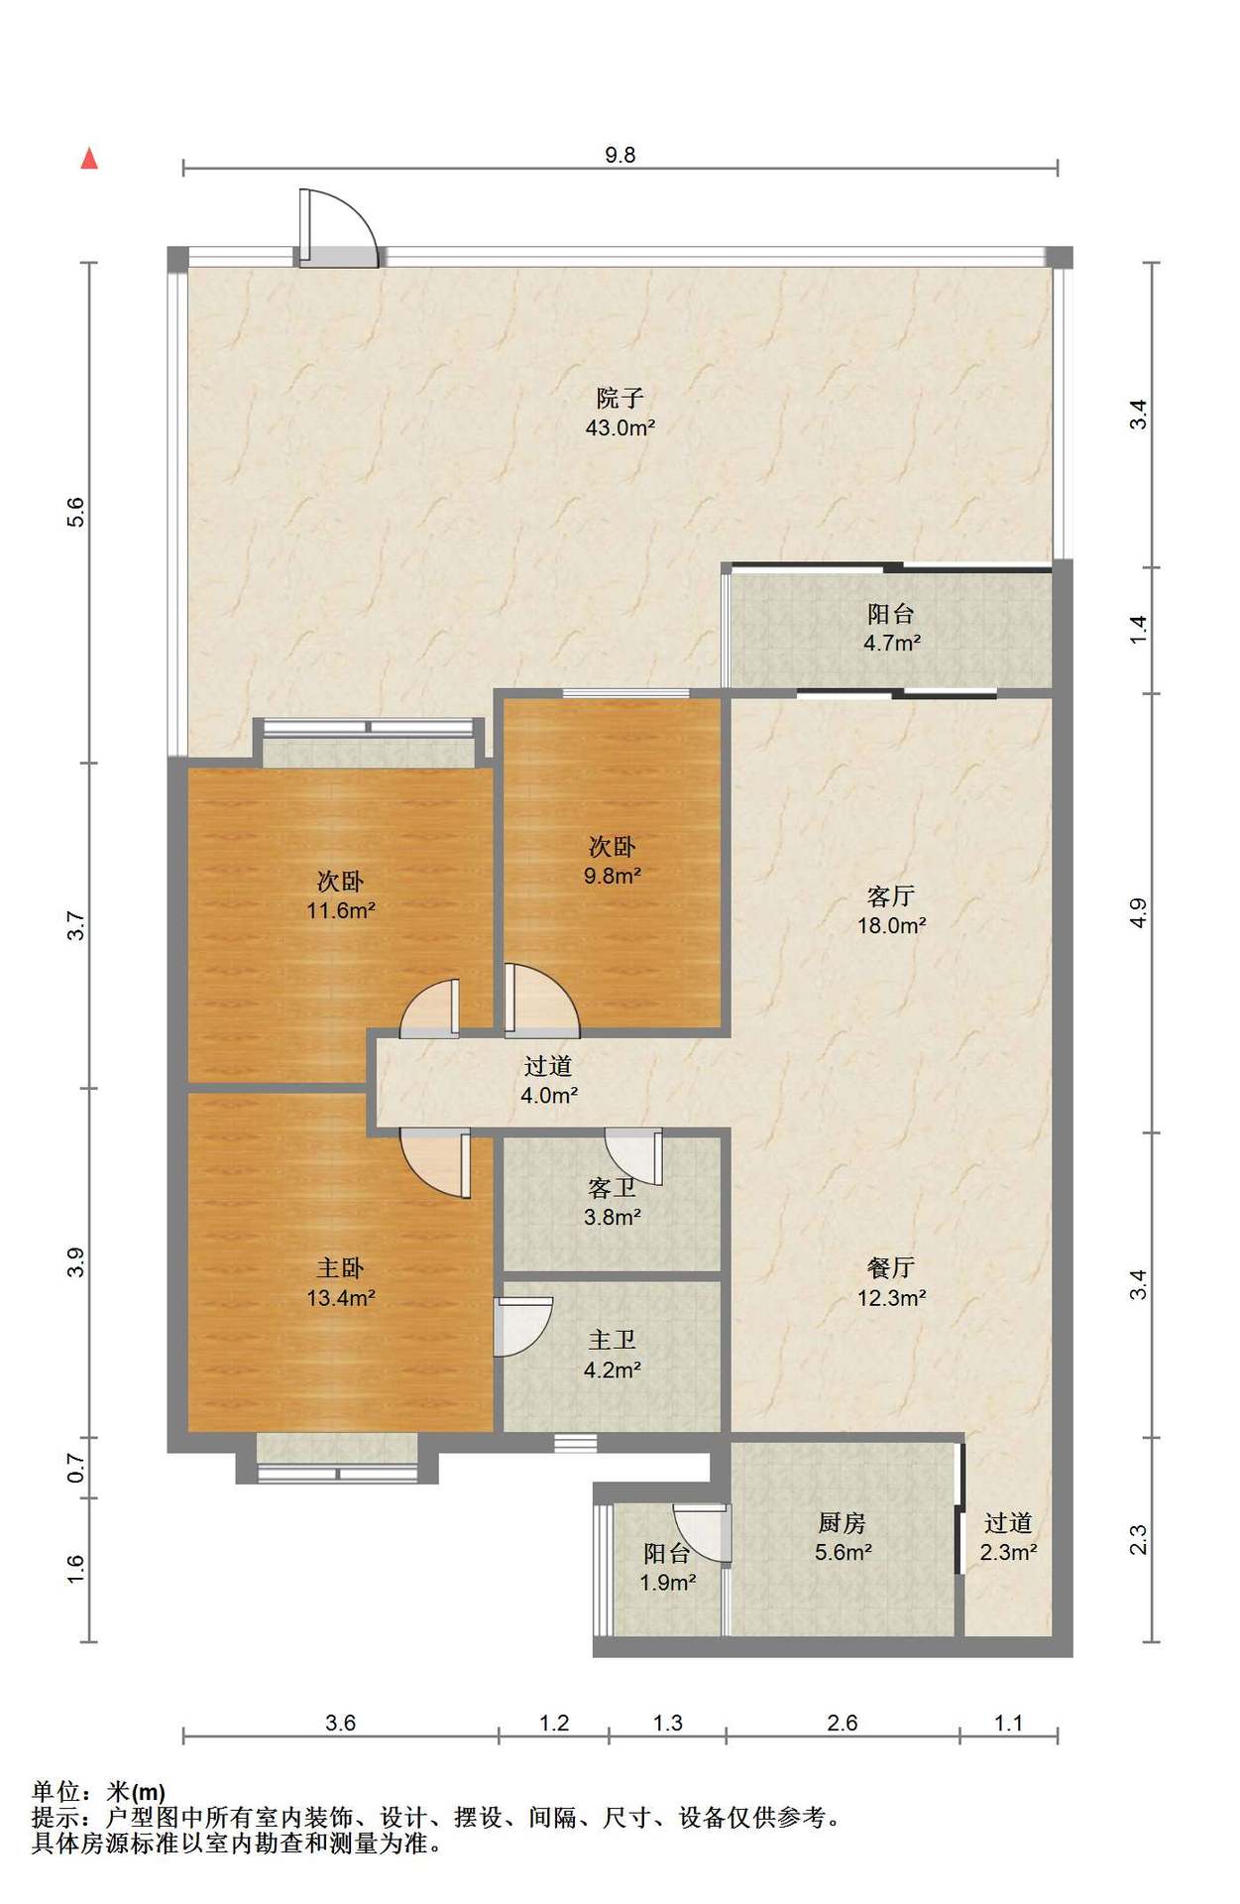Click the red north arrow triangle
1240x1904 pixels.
[x=89, y=158]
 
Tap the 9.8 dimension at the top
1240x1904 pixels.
[x=620, y=155]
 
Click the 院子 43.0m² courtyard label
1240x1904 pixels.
[x=620, y=413]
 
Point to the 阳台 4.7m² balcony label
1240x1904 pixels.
[x=891, y=628]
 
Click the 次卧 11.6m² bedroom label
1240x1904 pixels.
[x=340, y=895]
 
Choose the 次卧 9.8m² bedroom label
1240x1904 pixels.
[x=613, y=861]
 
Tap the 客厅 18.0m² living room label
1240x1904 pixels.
[x=891, y=910]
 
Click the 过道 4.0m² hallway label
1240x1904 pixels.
[x=549, y=1080]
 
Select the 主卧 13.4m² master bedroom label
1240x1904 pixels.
[x=340, y=1282]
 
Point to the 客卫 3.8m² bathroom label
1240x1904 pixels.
[x=613, y=1202]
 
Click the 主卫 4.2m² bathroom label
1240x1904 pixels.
[x=613, y=1355]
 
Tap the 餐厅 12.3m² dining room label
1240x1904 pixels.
[x=891, y=1282]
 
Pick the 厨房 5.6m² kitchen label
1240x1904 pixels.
[x=843, y=1537]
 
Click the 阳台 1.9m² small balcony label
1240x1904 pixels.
[x=667, y=1567]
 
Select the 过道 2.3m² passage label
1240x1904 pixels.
[x=1008, y=1537]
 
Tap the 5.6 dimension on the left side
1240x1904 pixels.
[x=76, y=513]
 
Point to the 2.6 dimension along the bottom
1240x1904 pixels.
[x=843, y=1723]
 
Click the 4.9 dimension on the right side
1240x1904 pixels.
[x=1139, y=912]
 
